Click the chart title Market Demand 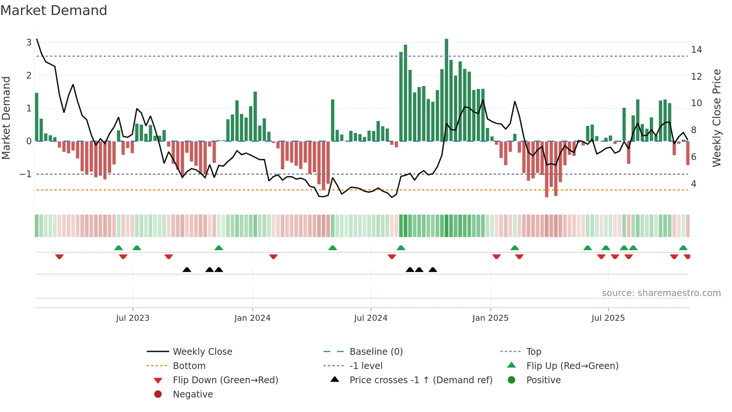54,10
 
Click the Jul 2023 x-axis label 133,318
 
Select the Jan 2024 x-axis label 252,318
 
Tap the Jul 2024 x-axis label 371,318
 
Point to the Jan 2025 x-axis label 490,318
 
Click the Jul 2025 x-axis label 608,318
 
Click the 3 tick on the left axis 29,43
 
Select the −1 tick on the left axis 25,174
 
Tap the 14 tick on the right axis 696,50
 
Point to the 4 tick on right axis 694,184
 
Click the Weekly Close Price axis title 716,118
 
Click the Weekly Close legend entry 202,352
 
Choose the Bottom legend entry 189,366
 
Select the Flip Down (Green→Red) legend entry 225,380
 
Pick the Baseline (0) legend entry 376,352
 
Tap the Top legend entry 534,352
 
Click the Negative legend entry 193,394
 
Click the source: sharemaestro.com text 661,293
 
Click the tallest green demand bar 446,90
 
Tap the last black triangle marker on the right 433,270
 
